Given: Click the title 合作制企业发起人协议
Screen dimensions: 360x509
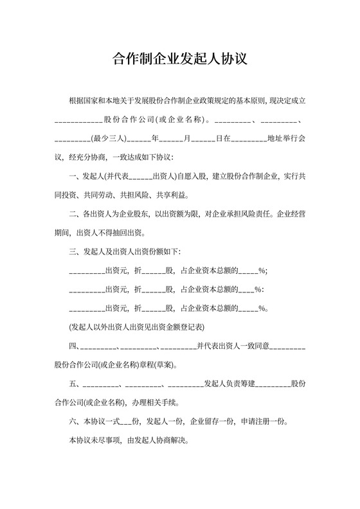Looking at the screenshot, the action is point(180,59).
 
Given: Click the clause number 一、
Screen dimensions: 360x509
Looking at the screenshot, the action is point(73,176).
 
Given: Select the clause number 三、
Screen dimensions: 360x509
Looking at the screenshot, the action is point(73,251).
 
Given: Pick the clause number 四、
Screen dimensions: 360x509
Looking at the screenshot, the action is point(73,346).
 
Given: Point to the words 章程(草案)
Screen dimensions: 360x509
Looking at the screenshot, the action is point(157,365).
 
